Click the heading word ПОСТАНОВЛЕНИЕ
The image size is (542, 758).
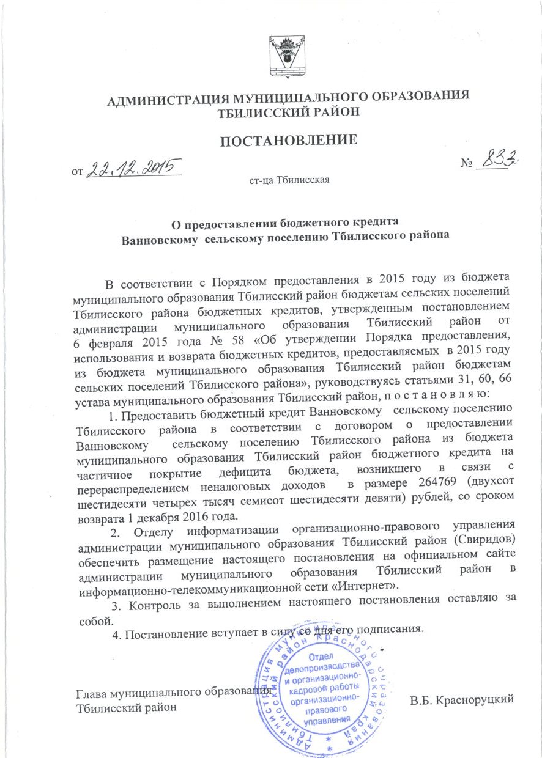pos(288,140)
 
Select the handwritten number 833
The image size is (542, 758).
pos(498,161)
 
